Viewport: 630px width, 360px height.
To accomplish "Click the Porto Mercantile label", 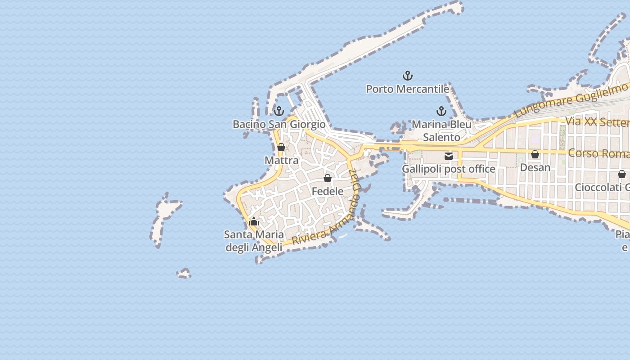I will click(x=407, y=89).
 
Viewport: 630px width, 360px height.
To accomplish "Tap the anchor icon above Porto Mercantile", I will click(x=408, y=75).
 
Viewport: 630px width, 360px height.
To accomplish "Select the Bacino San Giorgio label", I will click(x=279, y=124).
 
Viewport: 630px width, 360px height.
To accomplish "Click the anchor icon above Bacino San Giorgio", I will click(x=279, y=111).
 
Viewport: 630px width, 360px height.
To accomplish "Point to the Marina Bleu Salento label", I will click(x=441, y=130).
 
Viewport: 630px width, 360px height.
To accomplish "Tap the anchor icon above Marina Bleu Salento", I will click(x=441, y=111).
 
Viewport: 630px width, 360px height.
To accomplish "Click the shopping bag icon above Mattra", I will click(x=281, y=147).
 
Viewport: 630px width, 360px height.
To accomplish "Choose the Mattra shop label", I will click(x=281, y=160).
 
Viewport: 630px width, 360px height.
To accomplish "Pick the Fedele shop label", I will click(x=328, y=191).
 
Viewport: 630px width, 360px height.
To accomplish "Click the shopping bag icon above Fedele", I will click(x=328, y=178).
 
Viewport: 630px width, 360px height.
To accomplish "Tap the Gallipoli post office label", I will click(x=448, y=169).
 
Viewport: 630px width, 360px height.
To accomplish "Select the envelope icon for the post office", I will click(x=449, y=156).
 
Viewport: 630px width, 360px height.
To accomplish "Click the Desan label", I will click(x=535, y=167).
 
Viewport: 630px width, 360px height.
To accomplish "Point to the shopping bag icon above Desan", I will click(x=535, y=154).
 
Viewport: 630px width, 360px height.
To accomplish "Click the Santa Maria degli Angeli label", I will click(x=254, y=241).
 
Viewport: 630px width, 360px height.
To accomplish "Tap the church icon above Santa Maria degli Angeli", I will click(x=254, y=221).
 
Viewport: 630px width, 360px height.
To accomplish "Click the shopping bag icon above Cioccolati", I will click(x=622, y=174).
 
